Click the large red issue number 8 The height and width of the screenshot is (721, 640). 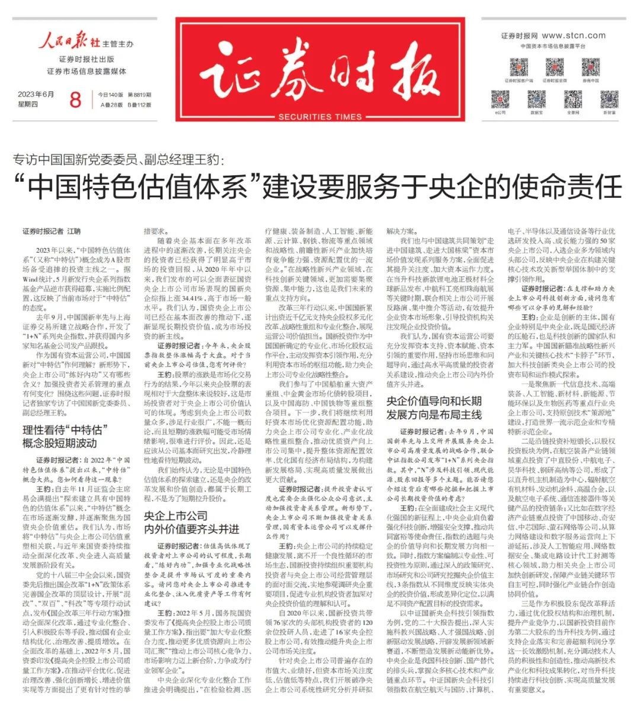[75, 99]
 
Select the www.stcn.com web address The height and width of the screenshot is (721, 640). [574, 36]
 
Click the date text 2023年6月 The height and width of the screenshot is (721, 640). [36, 94]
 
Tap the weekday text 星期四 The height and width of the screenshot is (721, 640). [28, 105]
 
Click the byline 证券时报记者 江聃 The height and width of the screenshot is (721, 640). [52, 231]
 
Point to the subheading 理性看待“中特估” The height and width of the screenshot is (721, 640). [63, 430]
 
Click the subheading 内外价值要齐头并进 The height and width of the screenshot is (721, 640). [191, 529]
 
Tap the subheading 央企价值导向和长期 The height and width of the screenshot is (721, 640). [434, 401]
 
